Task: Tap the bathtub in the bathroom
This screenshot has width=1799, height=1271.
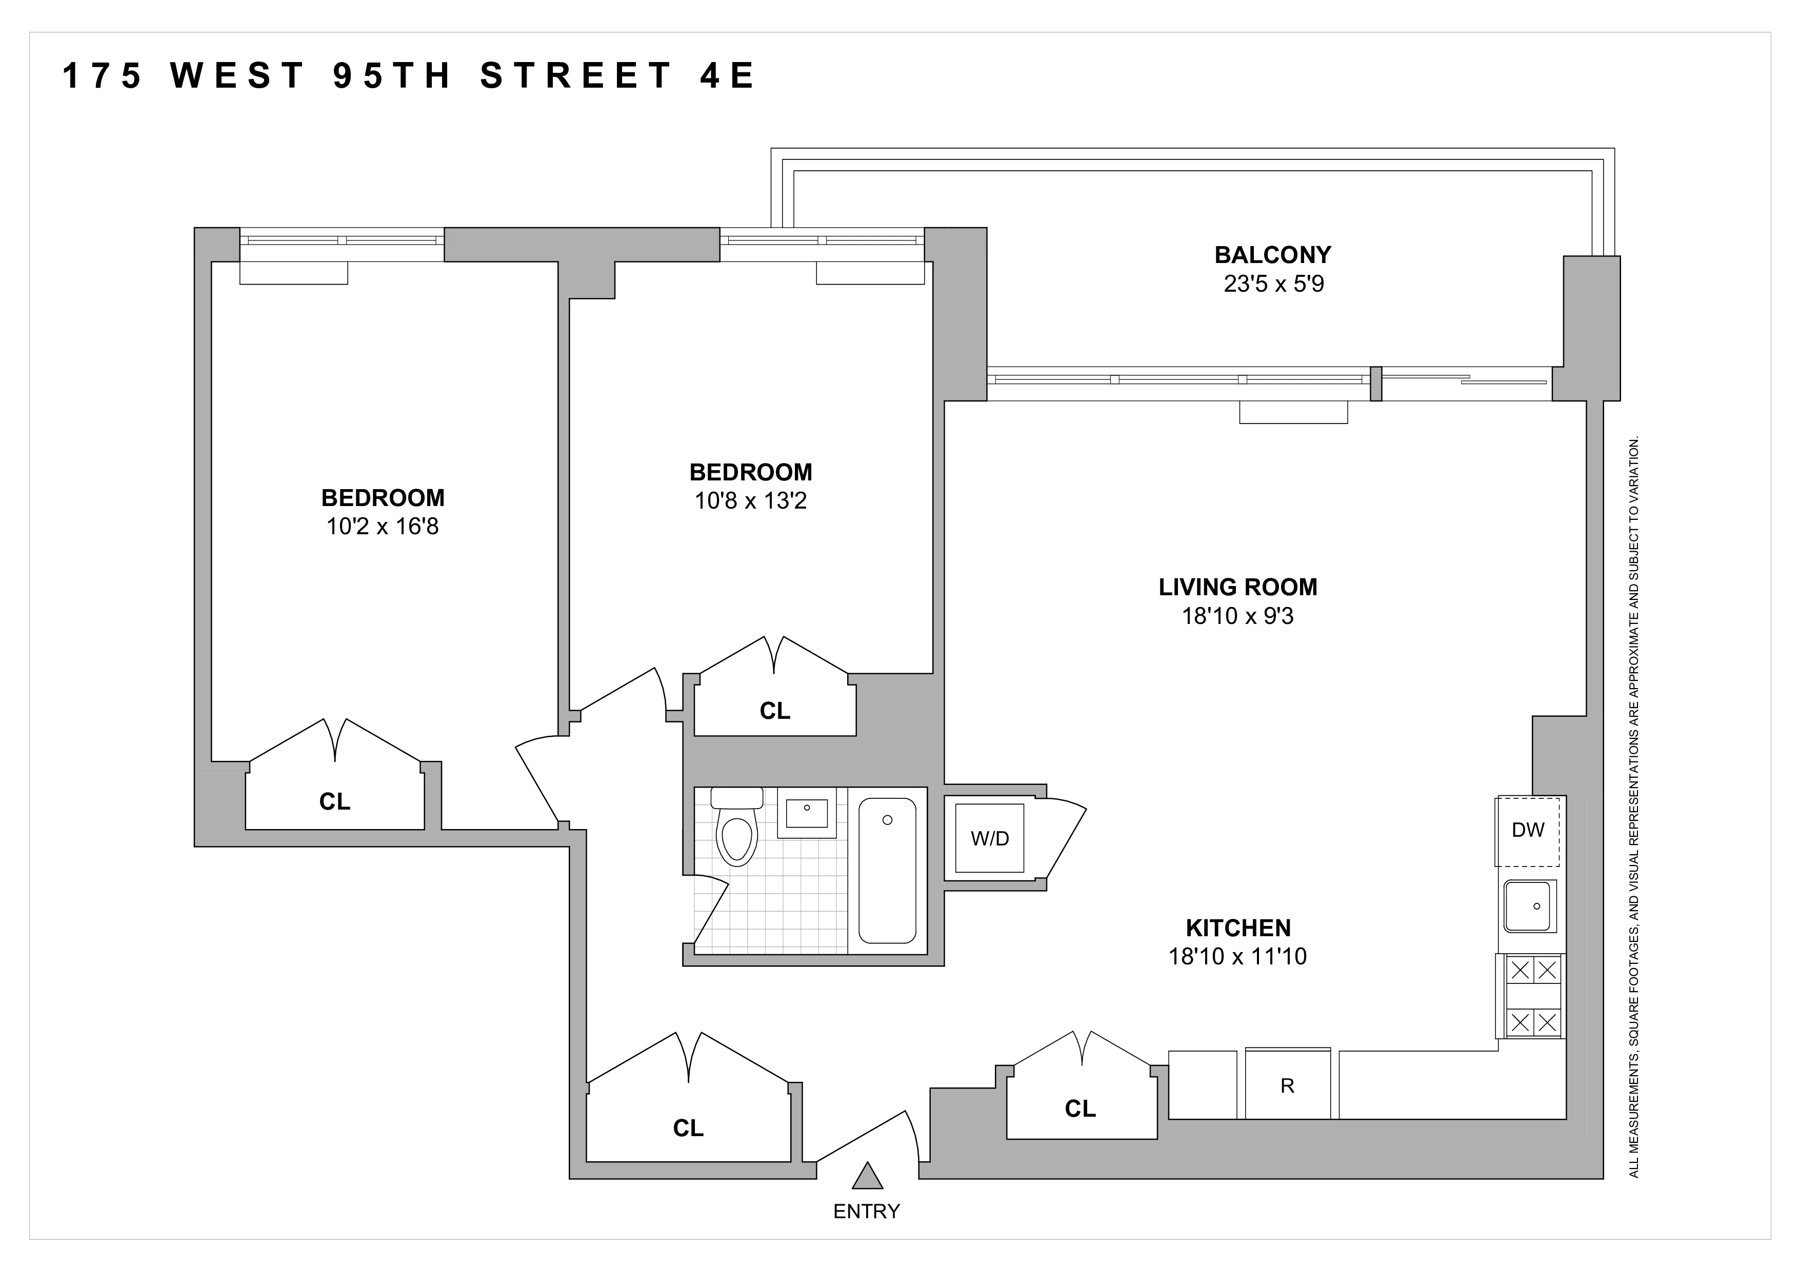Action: click(887, 871)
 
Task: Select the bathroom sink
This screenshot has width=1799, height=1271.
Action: click(806, 812)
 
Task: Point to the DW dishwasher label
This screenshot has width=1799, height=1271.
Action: click(1528, 830)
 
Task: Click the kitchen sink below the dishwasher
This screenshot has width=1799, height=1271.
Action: click(1529, 906)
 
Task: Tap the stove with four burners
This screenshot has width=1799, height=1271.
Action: click(1533, 997)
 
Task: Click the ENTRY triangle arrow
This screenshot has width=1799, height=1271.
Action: click(867, 1176)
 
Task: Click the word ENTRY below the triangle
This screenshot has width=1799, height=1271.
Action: click(867, 1212)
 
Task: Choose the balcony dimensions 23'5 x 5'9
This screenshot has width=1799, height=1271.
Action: click(1273, 284)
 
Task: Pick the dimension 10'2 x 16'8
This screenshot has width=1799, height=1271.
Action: click(383, 526)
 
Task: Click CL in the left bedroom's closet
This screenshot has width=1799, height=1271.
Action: click(334, 802)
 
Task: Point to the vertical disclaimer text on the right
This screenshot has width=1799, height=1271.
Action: click(1634, 806)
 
